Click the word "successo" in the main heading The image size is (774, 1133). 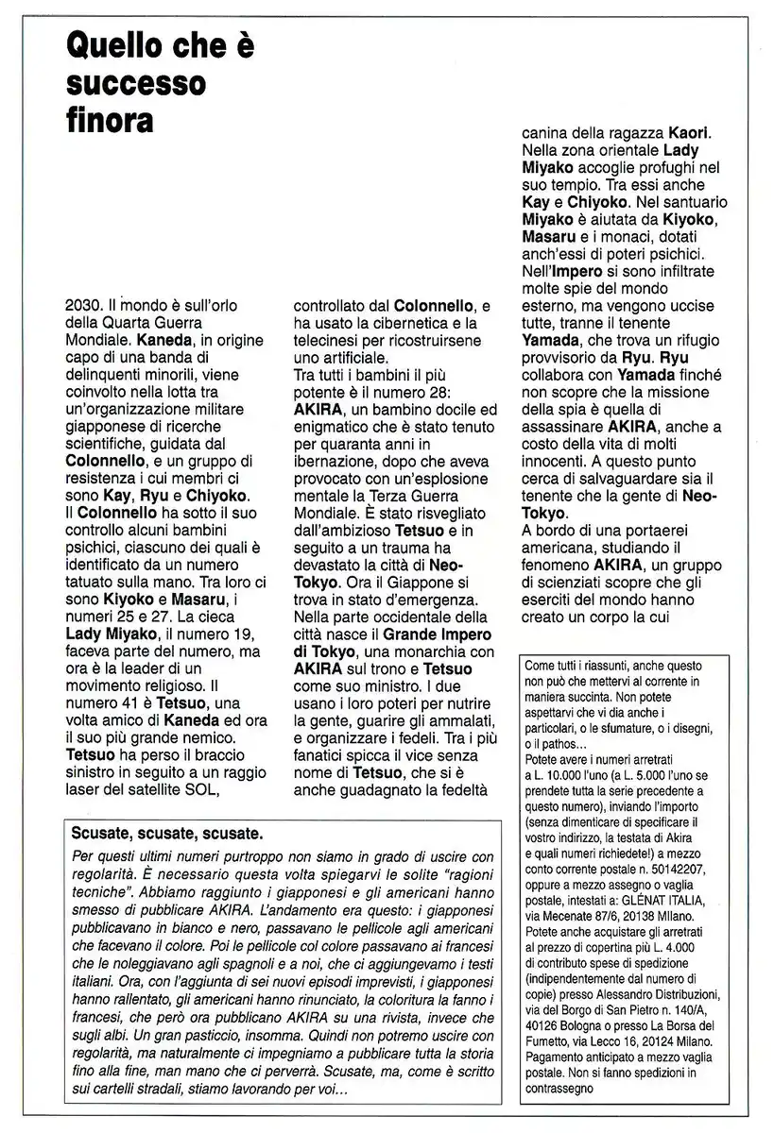[136, 84]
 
